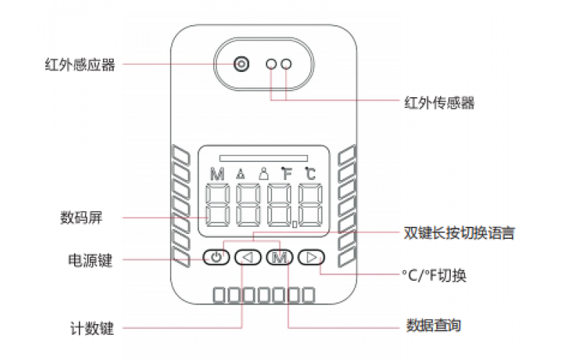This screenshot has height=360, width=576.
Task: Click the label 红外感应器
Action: point(79,65)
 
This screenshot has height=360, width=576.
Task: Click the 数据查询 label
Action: point(433,325)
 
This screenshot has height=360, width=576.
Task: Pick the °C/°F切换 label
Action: point(434,276)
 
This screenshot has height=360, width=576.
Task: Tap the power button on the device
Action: point(216,257)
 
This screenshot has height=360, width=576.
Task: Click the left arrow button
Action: point(248,257)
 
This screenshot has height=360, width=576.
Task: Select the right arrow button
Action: point(311,257)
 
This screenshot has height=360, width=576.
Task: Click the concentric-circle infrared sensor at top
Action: point(240,65)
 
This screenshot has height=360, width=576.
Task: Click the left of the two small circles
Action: point(271,65)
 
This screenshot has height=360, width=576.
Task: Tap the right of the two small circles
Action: point(287,65)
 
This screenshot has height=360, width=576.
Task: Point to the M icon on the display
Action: point(217,174)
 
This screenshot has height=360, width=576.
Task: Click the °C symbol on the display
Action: point(310,173)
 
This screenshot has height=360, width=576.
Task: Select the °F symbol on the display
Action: point(287,173)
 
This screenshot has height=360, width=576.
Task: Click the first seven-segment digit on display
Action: point(219,206)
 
